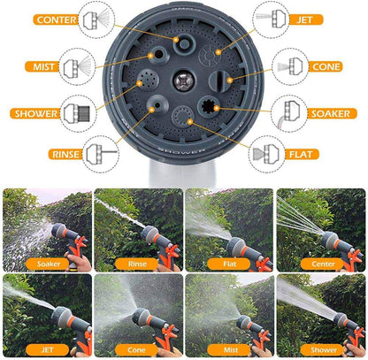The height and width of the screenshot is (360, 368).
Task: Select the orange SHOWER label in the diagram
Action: (33, 113)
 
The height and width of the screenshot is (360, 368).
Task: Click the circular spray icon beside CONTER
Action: (97, 19)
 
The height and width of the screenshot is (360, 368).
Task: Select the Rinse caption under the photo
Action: (136, 263)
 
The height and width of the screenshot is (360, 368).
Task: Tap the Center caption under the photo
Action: (319, 263)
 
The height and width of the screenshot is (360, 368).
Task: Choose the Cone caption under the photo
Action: (136, 349)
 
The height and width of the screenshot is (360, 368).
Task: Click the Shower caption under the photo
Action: (319, 349)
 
